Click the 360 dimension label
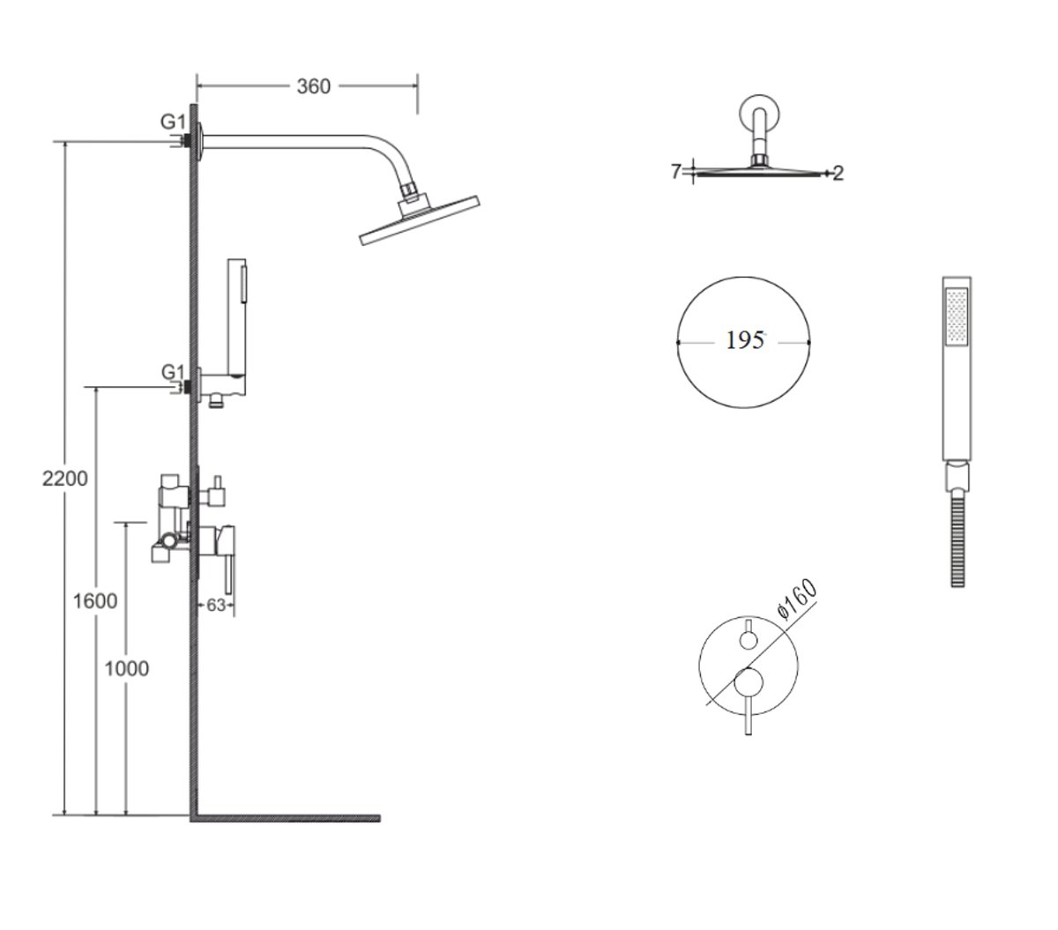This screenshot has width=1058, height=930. [x=313, y=86]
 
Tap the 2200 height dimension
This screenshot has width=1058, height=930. [x=64, y=479]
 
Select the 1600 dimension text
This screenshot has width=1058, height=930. [x=94, y=601]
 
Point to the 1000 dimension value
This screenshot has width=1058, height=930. [x=126, y=668]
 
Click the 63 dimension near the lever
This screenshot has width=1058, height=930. [x=216, y=605]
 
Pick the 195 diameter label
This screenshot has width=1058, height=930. [x=745, y=340]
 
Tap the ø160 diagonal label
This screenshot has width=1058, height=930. [x=797, y=599]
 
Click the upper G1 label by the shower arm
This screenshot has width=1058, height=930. [x=173, y=122]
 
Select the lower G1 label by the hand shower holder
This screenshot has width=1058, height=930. [x=174, y=372]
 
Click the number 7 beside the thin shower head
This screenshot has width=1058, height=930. [x=676, y=171]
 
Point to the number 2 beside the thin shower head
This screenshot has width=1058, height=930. [x=838, y=174]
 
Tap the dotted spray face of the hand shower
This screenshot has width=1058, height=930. [x=957, y=316]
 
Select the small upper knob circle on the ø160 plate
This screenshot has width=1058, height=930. [x=749, y=640]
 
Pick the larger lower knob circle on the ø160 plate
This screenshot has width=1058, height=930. [x=749, y=682]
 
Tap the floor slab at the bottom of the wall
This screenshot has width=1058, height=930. [x=285, y=818]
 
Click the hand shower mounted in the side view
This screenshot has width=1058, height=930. [x=237, y=317]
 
